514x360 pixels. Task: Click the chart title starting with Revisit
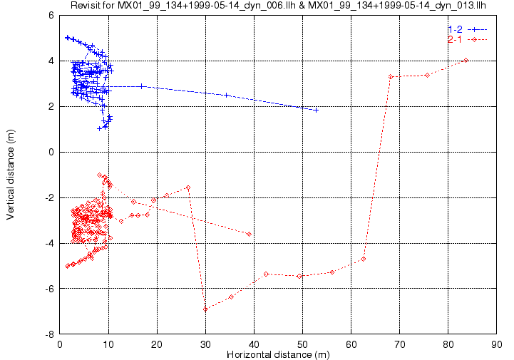[x=278, y=5]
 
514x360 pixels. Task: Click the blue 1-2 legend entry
[x=468, y=29]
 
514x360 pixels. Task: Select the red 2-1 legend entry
[x=468, y=40]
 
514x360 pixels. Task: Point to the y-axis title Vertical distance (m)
[x=11, y=175]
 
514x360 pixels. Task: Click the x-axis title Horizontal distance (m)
[x=278, y=354]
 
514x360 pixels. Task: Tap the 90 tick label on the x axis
[x=497, y=344]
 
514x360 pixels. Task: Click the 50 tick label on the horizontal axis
[x=302, y=344]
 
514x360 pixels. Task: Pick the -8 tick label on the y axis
[x=50, y=334]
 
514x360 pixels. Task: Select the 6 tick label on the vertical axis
[x=51, y=16]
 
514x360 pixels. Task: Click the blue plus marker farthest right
[x=316, y=110]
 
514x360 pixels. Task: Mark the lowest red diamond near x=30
[x=205, y=309]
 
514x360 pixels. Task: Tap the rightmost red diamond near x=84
[x=466, y=61]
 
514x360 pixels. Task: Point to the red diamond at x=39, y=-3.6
[x=249, y=234]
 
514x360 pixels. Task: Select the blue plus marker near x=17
[x=142, y=86]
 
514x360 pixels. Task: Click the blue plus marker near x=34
[x=227, y=96]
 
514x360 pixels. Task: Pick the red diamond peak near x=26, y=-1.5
[x=188, y=187]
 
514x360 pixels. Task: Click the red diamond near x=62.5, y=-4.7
[x=363, y=259]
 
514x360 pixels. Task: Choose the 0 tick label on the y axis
[x=51, y=152]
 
